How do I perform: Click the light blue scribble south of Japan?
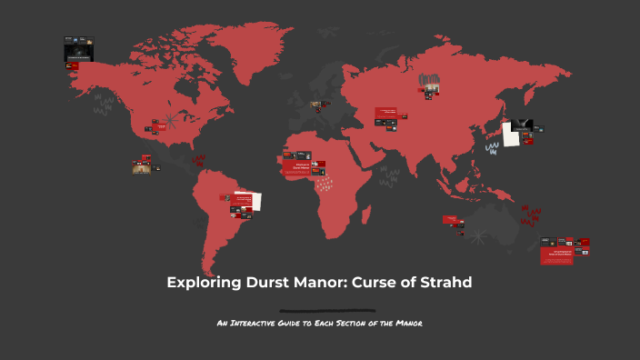(492, 147)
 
